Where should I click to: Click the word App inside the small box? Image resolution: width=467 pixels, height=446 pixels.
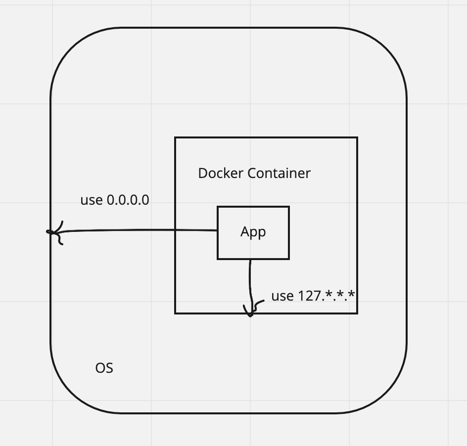[253, 232]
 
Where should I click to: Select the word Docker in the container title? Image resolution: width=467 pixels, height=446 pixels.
[221, 173]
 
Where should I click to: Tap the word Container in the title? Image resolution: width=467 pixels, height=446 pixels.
[279, 173]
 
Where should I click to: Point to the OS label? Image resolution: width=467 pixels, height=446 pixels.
[104, 368]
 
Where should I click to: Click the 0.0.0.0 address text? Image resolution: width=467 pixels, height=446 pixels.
[128, 200]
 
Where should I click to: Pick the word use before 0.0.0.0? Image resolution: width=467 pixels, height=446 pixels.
[91, 200]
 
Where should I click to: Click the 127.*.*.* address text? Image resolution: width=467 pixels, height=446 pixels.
[327, 296]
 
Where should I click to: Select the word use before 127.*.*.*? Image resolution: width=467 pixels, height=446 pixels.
[282, 296]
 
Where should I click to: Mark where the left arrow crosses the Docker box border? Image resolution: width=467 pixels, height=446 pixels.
[175, 230]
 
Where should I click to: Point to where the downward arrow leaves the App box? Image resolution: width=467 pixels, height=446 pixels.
[250, 259]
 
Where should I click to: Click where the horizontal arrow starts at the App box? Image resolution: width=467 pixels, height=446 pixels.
[218, 230]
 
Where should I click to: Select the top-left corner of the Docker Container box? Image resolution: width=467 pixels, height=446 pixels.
[175, 137]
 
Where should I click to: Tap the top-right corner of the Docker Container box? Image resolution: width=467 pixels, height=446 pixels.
[357, 137]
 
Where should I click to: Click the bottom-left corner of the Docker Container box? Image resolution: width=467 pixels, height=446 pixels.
[175, 313]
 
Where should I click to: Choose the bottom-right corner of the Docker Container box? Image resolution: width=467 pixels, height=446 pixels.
[357, 313]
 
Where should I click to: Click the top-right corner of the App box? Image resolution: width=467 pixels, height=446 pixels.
[289, 207]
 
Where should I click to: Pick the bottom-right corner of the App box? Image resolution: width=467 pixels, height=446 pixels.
[289, 259]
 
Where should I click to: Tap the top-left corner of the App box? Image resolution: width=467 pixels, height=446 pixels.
[218, 207]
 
